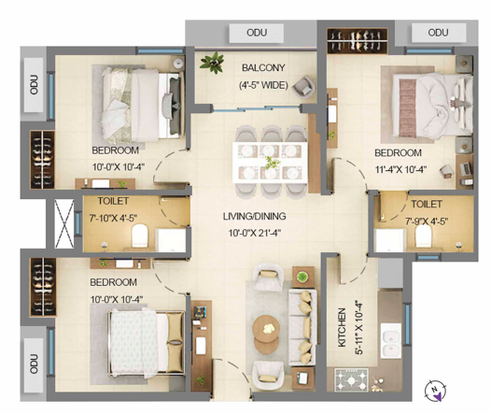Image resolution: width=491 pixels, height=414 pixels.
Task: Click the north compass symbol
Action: pyautogui.click(x=435, y=391)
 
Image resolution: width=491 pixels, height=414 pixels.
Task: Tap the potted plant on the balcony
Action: pyautogui.click(x=213, y=63)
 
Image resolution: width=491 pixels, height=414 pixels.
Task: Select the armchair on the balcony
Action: pyautogui.click(x=303, y=87)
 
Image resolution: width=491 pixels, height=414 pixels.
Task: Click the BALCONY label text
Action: pyautogui.click(x=263, y=67)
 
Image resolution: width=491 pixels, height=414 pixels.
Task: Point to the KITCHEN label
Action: pyautogui.click(x=342, y=327)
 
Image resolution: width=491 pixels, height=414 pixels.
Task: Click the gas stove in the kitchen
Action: pyautogui.click(x=351, y=380)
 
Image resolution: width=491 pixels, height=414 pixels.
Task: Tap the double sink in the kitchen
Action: pyautogui.click(x=391, y=341)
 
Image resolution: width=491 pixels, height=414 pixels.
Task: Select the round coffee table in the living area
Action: pyautogui.click(x=266, y=334)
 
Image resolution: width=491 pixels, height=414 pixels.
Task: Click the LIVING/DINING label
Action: pyautogui.click(x=254, y=216)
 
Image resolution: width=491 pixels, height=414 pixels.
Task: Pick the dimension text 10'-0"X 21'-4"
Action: pyautogui.click(x=254, y=234)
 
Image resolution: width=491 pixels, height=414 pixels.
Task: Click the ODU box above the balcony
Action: pyautogui.click(x=257, y=33)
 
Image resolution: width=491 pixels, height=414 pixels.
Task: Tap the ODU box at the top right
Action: pyautogui.click(x=438, y=33)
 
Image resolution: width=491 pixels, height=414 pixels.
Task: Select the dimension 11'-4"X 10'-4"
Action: pyautogui.click(x=400, y=169)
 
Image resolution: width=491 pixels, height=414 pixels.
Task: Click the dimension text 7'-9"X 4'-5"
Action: pyautogui.click(x=427, y=221)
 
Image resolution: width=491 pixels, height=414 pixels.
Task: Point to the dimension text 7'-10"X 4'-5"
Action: pyautogui.click(x=113, y=218)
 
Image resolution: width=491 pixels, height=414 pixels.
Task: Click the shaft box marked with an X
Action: pyautogui.click(x=63, y=223)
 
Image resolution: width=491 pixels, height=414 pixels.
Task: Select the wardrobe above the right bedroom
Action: pyautogui.click(x=358, y=41)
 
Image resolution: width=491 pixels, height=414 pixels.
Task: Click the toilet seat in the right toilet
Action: pyautogui.click(x=424, y=236)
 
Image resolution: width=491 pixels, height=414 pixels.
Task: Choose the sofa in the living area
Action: pyautogui.click(x=302, y=328)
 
